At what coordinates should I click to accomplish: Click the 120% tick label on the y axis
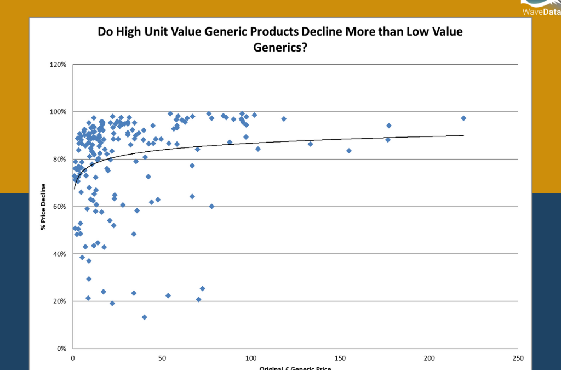pos(59,65)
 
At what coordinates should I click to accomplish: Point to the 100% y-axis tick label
pos(59,112)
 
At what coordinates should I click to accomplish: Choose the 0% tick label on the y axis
pos(61,349)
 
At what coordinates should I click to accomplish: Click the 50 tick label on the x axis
pos(162,358)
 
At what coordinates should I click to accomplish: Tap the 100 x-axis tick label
pos(251,358)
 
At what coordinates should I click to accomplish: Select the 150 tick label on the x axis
pos(340,358)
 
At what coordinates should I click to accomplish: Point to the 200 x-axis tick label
pos(429,358)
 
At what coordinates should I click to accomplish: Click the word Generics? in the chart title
pos(280,48)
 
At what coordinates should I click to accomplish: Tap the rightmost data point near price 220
pos(463,118)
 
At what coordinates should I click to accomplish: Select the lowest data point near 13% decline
pos(144,317)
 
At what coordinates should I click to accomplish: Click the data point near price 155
pos(349,151)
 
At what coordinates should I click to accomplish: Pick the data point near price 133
pos(310,144)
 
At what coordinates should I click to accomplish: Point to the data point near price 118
pos(284,119)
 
